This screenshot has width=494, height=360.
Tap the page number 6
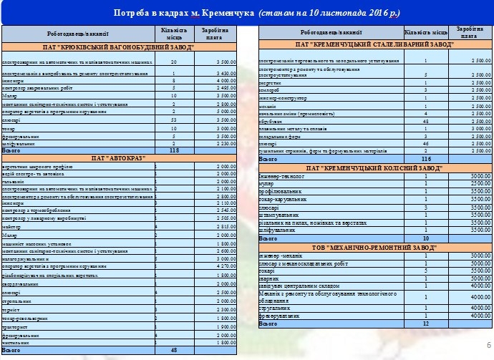[488, 344]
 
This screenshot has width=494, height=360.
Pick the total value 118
[173, 151]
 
